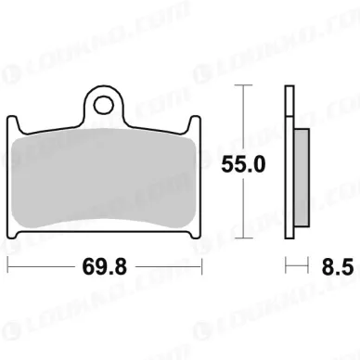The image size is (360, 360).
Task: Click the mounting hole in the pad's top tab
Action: click(x=104, y=105)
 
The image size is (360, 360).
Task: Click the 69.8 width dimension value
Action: click(x=105, y=267)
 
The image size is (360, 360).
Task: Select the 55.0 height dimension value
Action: click(x=243, y=164)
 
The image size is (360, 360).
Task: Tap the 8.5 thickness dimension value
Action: click(x=338, y=267)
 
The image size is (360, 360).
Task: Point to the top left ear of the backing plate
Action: click(x=13, y=122)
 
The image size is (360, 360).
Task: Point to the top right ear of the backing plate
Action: click(x=195, y=122)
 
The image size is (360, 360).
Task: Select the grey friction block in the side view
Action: click(x=302, y=177)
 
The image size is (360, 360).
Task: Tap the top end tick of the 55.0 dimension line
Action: click(x=244, y=84)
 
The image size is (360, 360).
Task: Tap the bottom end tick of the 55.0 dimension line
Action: click(x=244, y=238)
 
